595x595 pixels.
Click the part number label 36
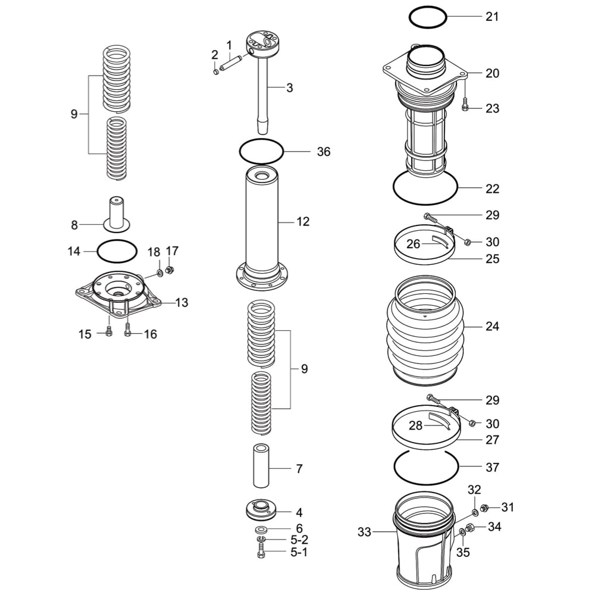[323, 152]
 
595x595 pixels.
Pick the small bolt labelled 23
[465, 104]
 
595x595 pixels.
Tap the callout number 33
[364, 531]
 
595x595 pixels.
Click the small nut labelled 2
[215, 72]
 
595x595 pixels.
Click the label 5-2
[299, 540]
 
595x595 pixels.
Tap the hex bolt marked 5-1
[262, 553]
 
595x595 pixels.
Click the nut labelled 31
[484, 508]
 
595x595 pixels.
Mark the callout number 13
[181, 302]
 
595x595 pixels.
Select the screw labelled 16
[128, 332]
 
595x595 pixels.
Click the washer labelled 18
[160, 273]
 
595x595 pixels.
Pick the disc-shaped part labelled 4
[261, 510]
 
